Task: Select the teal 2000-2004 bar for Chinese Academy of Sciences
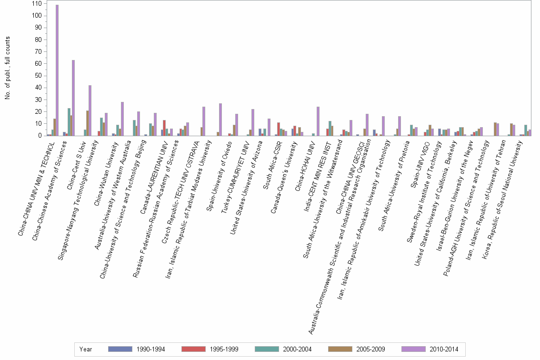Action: click(x=69, y=122)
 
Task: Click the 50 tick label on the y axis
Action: click(x=37, y=76)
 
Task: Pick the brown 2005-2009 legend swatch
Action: click(x=340, y=349)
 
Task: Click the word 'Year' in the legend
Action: click(x=86, y=349)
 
